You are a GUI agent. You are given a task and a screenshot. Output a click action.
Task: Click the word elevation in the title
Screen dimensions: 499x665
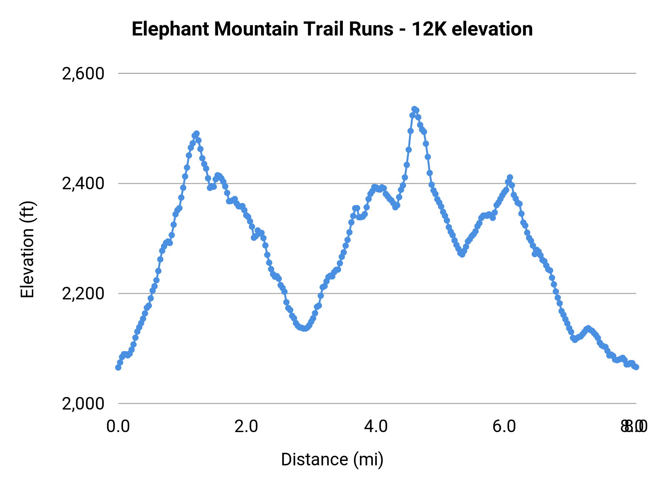pos(492,29)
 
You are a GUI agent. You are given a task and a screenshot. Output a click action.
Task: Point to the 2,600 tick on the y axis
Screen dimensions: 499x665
pos(83,74)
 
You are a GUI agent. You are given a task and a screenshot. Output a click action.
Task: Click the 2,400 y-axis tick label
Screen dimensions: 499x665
pos(83,184)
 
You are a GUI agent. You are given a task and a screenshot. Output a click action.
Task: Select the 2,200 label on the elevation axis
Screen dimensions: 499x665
pos(83,294)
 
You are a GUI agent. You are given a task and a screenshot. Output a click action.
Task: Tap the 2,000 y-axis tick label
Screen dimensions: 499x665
pos(83,404)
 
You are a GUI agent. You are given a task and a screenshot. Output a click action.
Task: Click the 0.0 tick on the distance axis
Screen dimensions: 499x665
pos(118,427)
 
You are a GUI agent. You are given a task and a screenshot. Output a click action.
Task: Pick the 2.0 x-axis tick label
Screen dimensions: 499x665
pos(247,427)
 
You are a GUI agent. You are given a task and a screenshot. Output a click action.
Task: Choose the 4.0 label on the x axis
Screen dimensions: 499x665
pos(376,427)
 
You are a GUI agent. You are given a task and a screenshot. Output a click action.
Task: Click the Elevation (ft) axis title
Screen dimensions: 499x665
pos(27,249)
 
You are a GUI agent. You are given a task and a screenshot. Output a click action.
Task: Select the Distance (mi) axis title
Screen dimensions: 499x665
pos(332,460)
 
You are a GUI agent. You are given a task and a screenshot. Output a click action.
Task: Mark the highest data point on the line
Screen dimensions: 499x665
pos(414,109)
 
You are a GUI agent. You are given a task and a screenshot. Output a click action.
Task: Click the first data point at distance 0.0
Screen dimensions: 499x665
pos(118,367)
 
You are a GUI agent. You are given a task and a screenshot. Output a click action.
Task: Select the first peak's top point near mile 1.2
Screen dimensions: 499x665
pos(197,133)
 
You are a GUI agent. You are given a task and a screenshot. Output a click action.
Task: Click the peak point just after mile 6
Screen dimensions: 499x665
pos(510,177)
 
